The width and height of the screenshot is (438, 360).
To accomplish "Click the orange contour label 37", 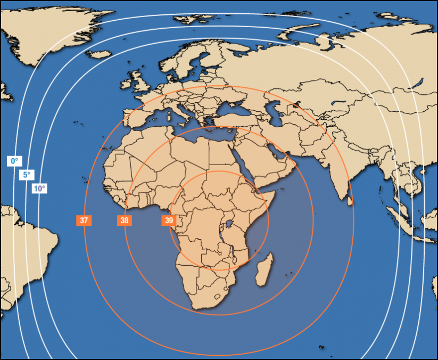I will (x=84, y=220).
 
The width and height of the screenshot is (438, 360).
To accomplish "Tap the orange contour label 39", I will (x=169, y=220).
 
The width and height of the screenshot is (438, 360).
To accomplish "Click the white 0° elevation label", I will (x=14, y=160).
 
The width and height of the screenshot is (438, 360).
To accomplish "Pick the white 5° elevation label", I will (x=26, y=175).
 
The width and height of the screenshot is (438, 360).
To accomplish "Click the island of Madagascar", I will (x=264, y=269).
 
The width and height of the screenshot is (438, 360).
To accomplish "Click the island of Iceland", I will (x=99, y=54).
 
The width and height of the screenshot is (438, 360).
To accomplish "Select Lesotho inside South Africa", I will (x=217, y=296).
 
